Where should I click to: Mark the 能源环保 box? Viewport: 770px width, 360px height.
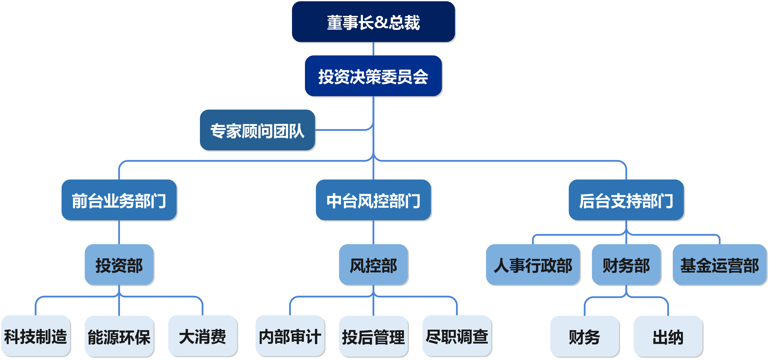tap(119, 336)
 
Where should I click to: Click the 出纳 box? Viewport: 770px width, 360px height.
tap(668, 336)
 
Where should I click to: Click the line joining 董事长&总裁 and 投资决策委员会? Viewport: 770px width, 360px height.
tap(373, 49)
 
